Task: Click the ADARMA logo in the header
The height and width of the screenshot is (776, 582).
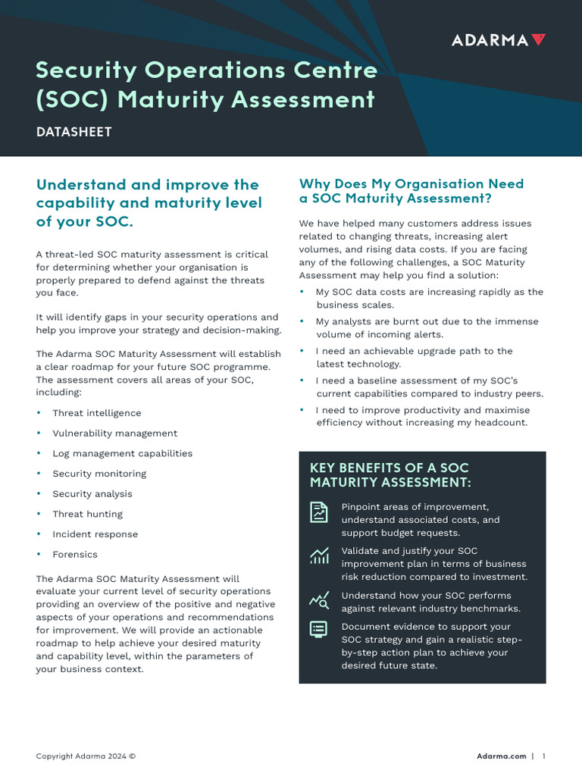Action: click(497, 40)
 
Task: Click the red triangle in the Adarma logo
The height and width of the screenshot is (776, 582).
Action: click(538, 40)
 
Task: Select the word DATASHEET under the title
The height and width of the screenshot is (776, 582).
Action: click(74, 132)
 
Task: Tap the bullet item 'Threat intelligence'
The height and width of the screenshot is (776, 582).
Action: click(96, 413)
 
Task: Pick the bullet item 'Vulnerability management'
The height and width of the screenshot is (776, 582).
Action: click(114, 433)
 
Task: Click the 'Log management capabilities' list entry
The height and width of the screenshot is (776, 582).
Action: click(122, 453)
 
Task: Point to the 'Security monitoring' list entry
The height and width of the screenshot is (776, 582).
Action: click(99, 474)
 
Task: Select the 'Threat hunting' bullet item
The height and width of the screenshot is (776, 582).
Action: click(87, 514)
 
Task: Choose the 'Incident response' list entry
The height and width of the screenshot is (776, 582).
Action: click(95, 534)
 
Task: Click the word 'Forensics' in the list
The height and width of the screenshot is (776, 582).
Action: click(74, 554)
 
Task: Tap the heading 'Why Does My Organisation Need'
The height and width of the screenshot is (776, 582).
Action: click(411, 184)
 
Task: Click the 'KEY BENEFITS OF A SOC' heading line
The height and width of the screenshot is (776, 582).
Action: click(389, 468)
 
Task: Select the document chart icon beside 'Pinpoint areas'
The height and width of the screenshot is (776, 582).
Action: click(319, 512)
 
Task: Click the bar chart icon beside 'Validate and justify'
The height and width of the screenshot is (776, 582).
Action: click(319, 556)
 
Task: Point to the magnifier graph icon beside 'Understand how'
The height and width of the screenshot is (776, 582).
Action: click(319, 601)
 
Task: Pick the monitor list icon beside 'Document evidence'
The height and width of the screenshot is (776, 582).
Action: click(319, 629)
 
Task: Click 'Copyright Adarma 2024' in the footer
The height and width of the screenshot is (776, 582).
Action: click(86, 756)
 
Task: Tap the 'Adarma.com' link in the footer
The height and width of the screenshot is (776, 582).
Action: click(501, 756)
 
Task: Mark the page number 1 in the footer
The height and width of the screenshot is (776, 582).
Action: click(544, 756)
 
